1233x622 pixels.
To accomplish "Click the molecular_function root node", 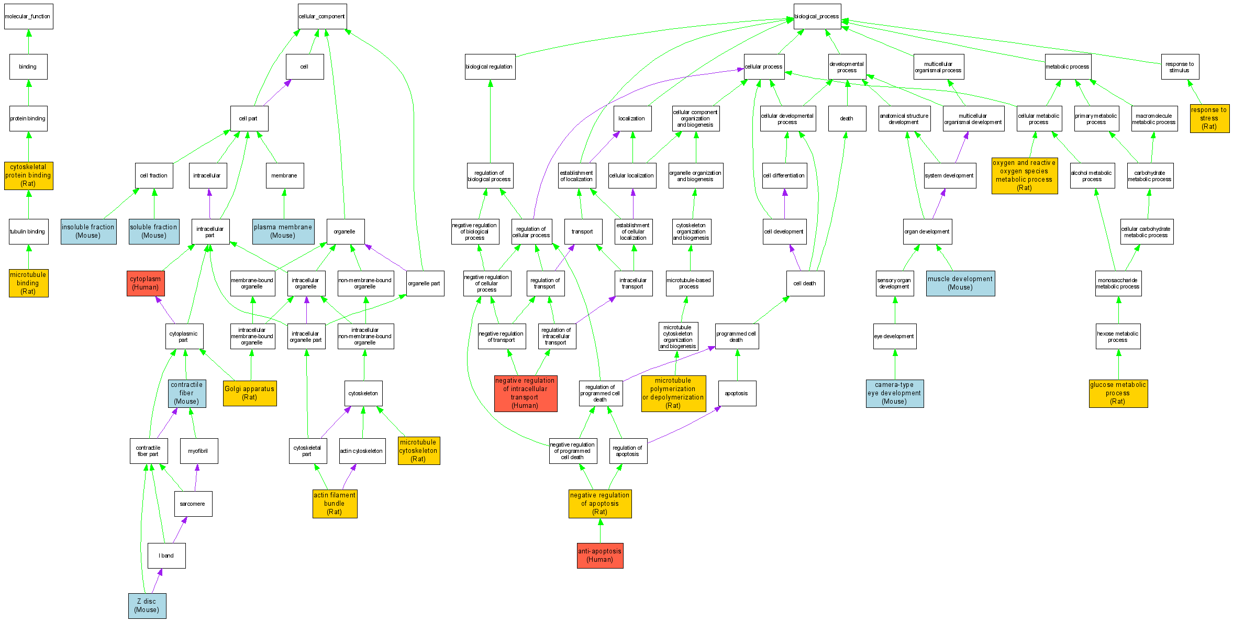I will (x=28, y=16).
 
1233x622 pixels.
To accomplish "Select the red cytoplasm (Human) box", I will (x=146, y=283).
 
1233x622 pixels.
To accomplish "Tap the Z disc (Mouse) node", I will (x=147, y=606).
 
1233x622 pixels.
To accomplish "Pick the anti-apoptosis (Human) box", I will (x=600, y=556).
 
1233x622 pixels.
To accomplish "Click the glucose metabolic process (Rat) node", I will (x=1118, y=393).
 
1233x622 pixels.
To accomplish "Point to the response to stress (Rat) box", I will (x=1209, y=118).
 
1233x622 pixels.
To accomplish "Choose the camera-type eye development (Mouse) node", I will (x=894, y=393).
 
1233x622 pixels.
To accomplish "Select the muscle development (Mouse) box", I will (x=960, y=283).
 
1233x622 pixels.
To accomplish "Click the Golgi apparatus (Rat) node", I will (x=250, y=393).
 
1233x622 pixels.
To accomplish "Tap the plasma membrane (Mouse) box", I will (x=283, y=231).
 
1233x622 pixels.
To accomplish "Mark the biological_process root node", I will (x=817, y=16).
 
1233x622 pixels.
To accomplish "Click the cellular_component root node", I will (x=322, y=16).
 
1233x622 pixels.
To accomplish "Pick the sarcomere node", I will (x=193, y=504).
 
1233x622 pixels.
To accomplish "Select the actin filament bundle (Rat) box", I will (x=335, y=504).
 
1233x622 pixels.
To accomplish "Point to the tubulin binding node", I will (x=28, y=231).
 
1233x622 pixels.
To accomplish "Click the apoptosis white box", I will (x=737, y=393).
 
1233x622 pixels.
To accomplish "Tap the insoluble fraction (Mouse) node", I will (x=88, y=231).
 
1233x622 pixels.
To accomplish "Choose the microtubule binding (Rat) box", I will (x=28, y=283).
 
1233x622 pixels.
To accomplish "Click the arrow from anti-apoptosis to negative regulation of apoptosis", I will (x=600, y=530).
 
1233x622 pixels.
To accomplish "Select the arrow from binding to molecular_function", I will (x=29, y=42).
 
